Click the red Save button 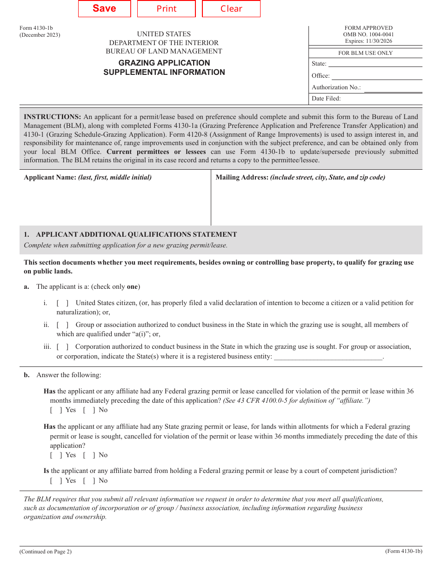point(104,9)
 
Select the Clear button point(231,9)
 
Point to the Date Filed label point(326,99)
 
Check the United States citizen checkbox point(63,303)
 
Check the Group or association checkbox point(63,325)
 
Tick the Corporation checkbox point(63,347)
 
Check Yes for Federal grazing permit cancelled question point(56,410)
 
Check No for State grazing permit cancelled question point(89,455)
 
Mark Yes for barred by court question point(56,481)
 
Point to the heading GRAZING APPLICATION point(164,63)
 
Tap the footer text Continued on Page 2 point(46,552)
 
